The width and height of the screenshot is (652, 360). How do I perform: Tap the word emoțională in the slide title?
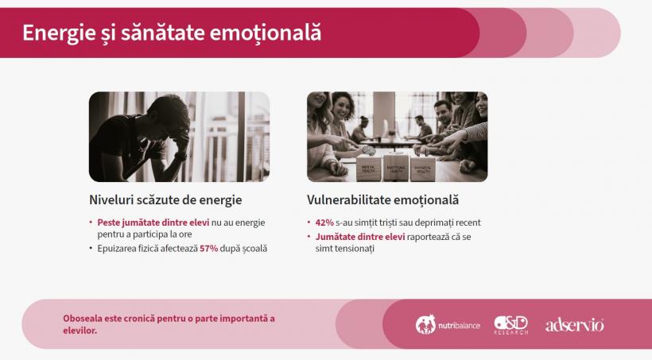[x=275, y=33]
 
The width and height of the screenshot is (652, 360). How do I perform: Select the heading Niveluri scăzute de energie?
[x=165, y=200]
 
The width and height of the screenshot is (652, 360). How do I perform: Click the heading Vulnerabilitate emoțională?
[x=382, y=200]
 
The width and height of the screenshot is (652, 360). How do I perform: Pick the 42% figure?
[x=324, y=223]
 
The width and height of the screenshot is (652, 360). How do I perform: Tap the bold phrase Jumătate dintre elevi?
[x=360, y=237]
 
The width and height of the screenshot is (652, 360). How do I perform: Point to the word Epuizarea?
[x=118, y=249]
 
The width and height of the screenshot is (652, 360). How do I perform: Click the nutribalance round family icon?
[x=425, y=324]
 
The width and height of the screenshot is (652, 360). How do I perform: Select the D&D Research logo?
[x=510, y=324]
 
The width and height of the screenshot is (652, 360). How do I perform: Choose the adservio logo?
[x=574, y=324]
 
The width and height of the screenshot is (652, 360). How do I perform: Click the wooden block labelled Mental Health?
[x=370, y=169]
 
